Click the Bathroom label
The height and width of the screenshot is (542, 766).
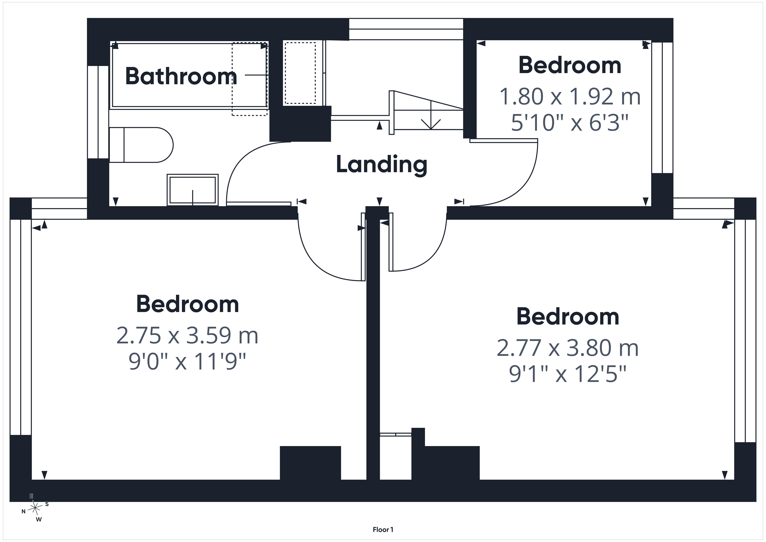[181, 76]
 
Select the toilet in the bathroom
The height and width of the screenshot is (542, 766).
[141, 145]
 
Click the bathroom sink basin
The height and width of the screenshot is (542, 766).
[192, 190]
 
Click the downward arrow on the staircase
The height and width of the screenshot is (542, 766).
[431, 115]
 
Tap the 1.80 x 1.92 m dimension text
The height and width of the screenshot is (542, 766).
[570, 96]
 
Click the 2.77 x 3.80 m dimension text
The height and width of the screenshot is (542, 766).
[568, 348]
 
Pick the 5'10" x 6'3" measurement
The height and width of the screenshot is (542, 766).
[570, 123]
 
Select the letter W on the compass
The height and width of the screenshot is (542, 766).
[39, 519]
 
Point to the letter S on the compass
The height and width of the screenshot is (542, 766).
[47, 504]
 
